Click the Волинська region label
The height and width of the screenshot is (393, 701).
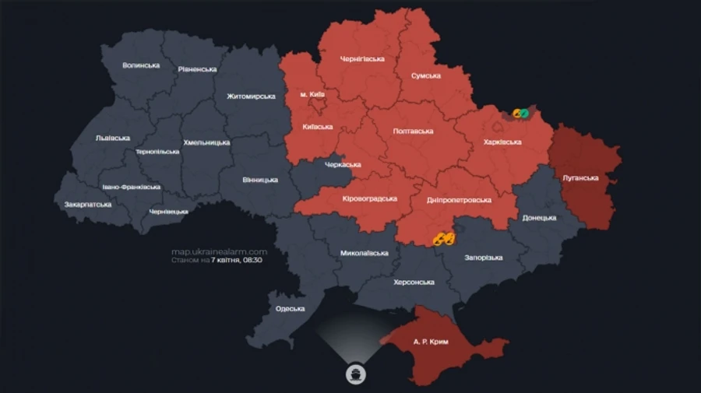coord(141,65)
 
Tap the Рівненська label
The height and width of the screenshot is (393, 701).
coord(197,69)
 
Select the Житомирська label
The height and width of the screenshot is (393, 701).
coord(251,96)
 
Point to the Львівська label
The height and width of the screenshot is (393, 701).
coord(112,138)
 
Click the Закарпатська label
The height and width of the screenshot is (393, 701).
coord(88,205)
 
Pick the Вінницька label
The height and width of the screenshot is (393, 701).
coord(259,180)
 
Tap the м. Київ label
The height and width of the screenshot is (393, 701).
coord(312,94)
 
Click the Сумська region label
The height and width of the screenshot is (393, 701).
coord(426,75)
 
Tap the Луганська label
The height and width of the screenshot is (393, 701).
coord(580,177)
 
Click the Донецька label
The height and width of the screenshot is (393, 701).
coord(539,218)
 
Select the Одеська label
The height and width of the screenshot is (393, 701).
coord(290,309)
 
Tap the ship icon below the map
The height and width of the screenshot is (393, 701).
coord(355,374)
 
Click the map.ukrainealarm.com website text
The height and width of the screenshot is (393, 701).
coord(219,251)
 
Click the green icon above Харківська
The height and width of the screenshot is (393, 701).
coord(524,114)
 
